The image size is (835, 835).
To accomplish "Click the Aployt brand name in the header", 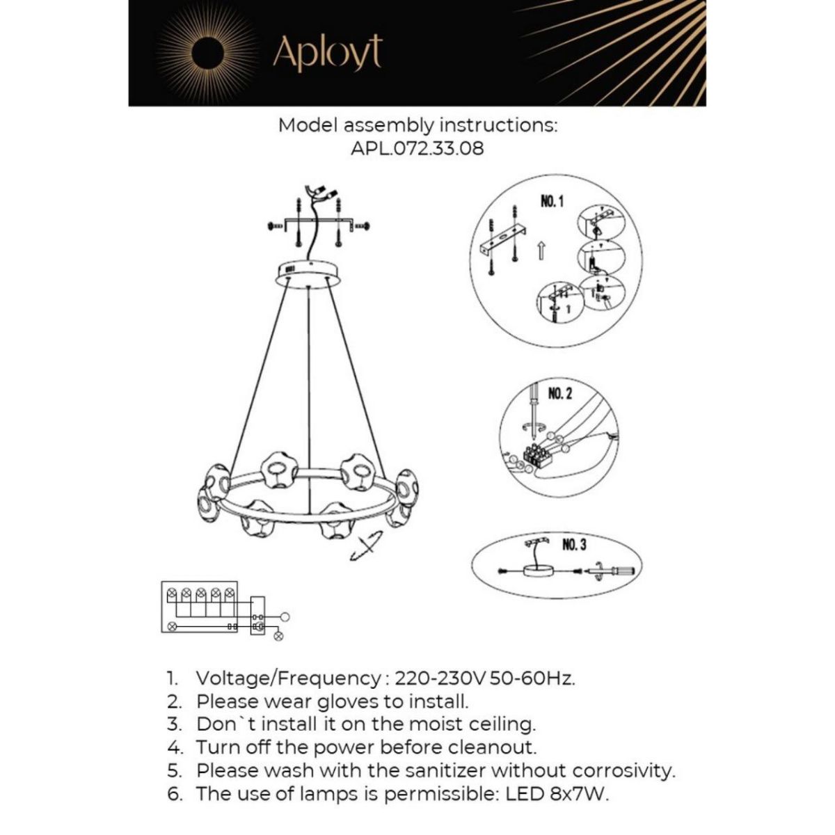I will pyautogui.click(x=327, y=52).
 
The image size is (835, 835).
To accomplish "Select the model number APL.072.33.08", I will pyautogui.click(x=417, y=148).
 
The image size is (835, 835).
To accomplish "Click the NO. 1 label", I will pyautogui.click(x=552, y=202).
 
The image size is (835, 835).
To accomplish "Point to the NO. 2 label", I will pyautogui.click(x=560, y=394).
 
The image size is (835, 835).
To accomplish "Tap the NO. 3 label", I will pyautogui.click(x=573, y=544).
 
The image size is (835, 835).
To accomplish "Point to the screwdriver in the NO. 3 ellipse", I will pyautogui.click(x=614, y=571).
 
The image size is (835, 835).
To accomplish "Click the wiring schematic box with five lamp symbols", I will pyautogui.click(x=200, y=607).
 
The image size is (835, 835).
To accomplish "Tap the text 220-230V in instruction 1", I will pyautogui.click(x=440, y=678).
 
